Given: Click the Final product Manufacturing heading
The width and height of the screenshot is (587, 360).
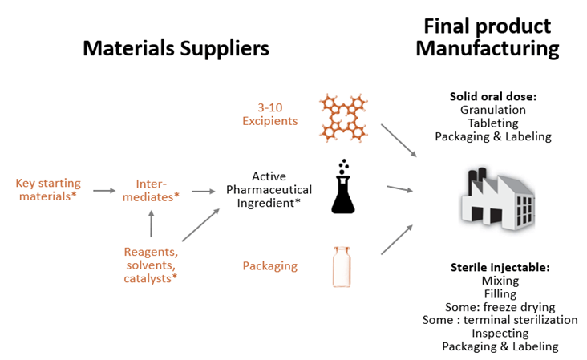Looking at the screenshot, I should pyautogui.click(x=487, y=37).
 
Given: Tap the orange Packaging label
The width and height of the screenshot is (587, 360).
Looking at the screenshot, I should pyautogui.click(x=270, y=265).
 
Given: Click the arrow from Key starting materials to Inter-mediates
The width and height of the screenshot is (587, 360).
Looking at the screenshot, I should pyautogui.click(x=104, y=191).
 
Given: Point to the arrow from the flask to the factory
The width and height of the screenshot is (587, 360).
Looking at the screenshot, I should pyautogui.click(x=399, y=189).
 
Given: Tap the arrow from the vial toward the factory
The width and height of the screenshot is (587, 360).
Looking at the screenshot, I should pyautogui.click(x=397, y=239).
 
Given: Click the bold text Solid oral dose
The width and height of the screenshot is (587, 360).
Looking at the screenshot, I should pyautogui.click(x=492, y=96).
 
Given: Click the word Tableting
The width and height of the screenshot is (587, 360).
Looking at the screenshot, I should pyautogui.click(x=492, y=123).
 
